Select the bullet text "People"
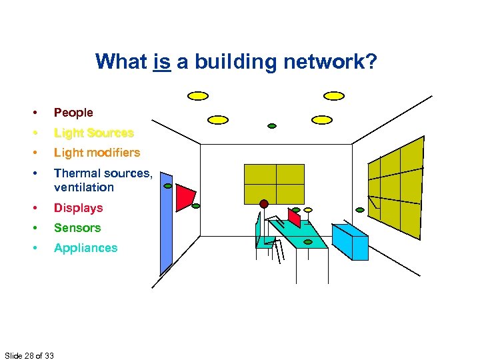pyautogui.click(x=73, y=113)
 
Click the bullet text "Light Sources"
pyautogui.click(x=93, y=133)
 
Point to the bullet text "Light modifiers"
pyautogui.click(x=97, y=153)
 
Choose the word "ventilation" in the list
pyautogui.click(x=83, y=187)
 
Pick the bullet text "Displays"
pyautogui.click(x=78, y=208)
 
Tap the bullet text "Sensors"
pyautogui.click(x=77, y=228)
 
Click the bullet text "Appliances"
pyautogui.click(x=85, y=248)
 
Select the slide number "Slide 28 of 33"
pyautogui.click(x=29, y=355)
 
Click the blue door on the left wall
pyautogui.click(x=166, y=227)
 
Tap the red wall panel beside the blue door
pyautogui.click(x=185, y=197)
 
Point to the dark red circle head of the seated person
pyautogui.click(x=264, y=203)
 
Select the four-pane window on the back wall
pyautogui.click(x=274, y=183)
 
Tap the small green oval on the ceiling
pyautogui.click(x=272, y=125)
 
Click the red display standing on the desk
pyautogui.click(x=294, y=217)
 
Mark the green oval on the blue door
pyautogui.click(x=168, y=186)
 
